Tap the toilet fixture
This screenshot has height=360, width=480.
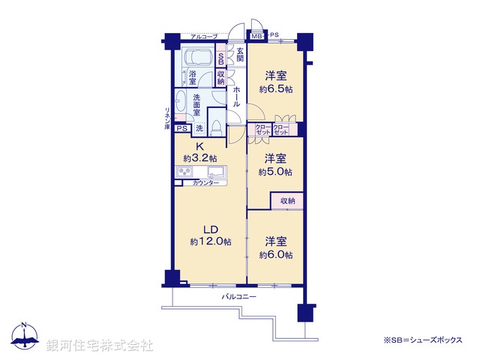pyautogui.click(x=215, y=127)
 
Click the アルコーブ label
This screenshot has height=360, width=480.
pyautogui.click(x=204, y=37)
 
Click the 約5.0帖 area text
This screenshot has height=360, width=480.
pyautogui.click(x=275, y=171)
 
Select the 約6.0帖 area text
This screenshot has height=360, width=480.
pyautogui.click(x=275, y=255)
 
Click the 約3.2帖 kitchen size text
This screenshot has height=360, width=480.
pyautogui.click(x=199, y=158)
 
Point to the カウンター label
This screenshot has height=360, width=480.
pyautogui.click(x=206, y=183)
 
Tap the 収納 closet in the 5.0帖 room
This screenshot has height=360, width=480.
pyautogui.click(x=288, y=201)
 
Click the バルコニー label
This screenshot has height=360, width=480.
pyautogui.click(x=238, y=297)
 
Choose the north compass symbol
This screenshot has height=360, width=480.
pyautogui.click(x=25, y=335)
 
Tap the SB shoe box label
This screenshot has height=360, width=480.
pyautogui.click(x=220, y=59)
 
